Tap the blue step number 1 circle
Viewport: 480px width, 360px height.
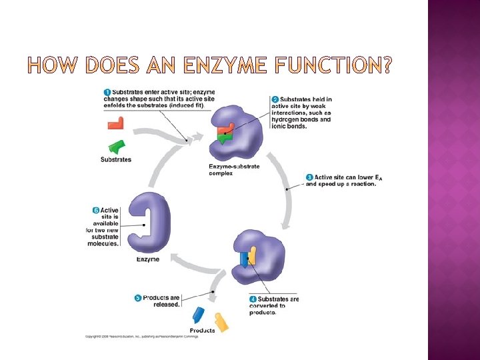pyautogui.click(x=107, y=91)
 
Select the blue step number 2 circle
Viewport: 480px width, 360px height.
pyautogui.click(x=275, y=100)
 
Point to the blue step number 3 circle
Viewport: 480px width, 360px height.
pyautogui.click(x=309, y=177)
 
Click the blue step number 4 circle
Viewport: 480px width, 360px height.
pyautogui.click(x=253, y=299)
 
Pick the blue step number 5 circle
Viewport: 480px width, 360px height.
pyautogui.click(x=138, y=298)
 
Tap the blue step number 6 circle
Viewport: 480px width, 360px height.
pyautogui.click(x=96, y=211)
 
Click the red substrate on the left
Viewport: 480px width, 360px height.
pyautogui.click(x=115, y=123)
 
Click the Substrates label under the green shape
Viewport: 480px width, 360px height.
pyautogui.click(x=116, y=159)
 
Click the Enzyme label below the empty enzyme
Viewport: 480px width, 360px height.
pyautogui.click(x=148, y=259)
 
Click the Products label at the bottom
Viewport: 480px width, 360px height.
pyautogui.click(x=203, y=331)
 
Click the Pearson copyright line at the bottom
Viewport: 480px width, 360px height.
pyautogui.click(x=141, y=337)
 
